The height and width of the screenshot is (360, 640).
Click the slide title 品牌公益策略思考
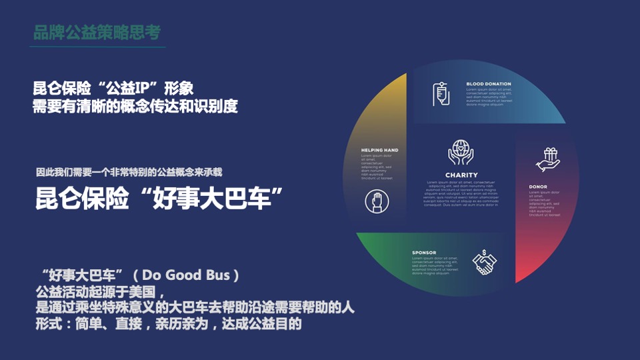pos(97,32)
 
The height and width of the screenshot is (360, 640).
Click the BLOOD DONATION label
pos(488,84)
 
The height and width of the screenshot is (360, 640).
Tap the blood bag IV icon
pos(440,93)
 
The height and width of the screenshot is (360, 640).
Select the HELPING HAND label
pos(379,150)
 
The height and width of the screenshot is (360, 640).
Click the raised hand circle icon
pos(377,201)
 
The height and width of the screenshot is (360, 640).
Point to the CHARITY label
pos(461,175)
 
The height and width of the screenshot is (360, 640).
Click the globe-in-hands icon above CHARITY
pos(461,152)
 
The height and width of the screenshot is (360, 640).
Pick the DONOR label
pos(538,187)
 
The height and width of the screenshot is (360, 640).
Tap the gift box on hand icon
pos(548,159)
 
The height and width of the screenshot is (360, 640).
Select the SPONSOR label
pos(424,253)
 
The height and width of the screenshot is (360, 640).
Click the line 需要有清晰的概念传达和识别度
pos(135,106)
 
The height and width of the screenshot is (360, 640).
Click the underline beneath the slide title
pos(99,47)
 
